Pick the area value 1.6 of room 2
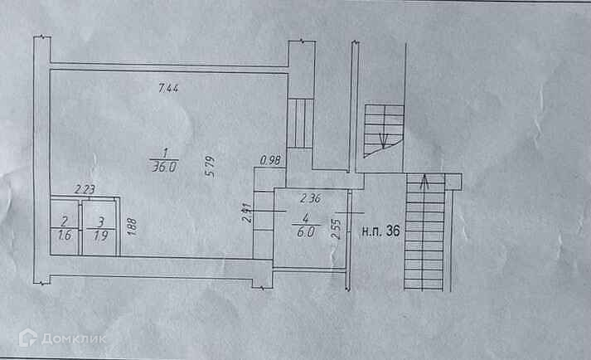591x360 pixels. (x=65, y=234)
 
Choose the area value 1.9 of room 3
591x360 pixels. (x=99, y=234)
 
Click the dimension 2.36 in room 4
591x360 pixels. (x=310, y=198)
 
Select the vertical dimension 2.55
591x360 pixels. (x=335, y=228)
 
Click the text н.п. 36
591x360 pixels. (x=381, y=232)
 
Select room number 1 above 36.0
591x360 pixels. (x=165, y=152)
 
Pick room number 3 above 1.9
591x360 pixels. (x=99, y=221)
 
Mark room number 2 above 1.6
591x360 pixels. (x=64, y=221)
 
